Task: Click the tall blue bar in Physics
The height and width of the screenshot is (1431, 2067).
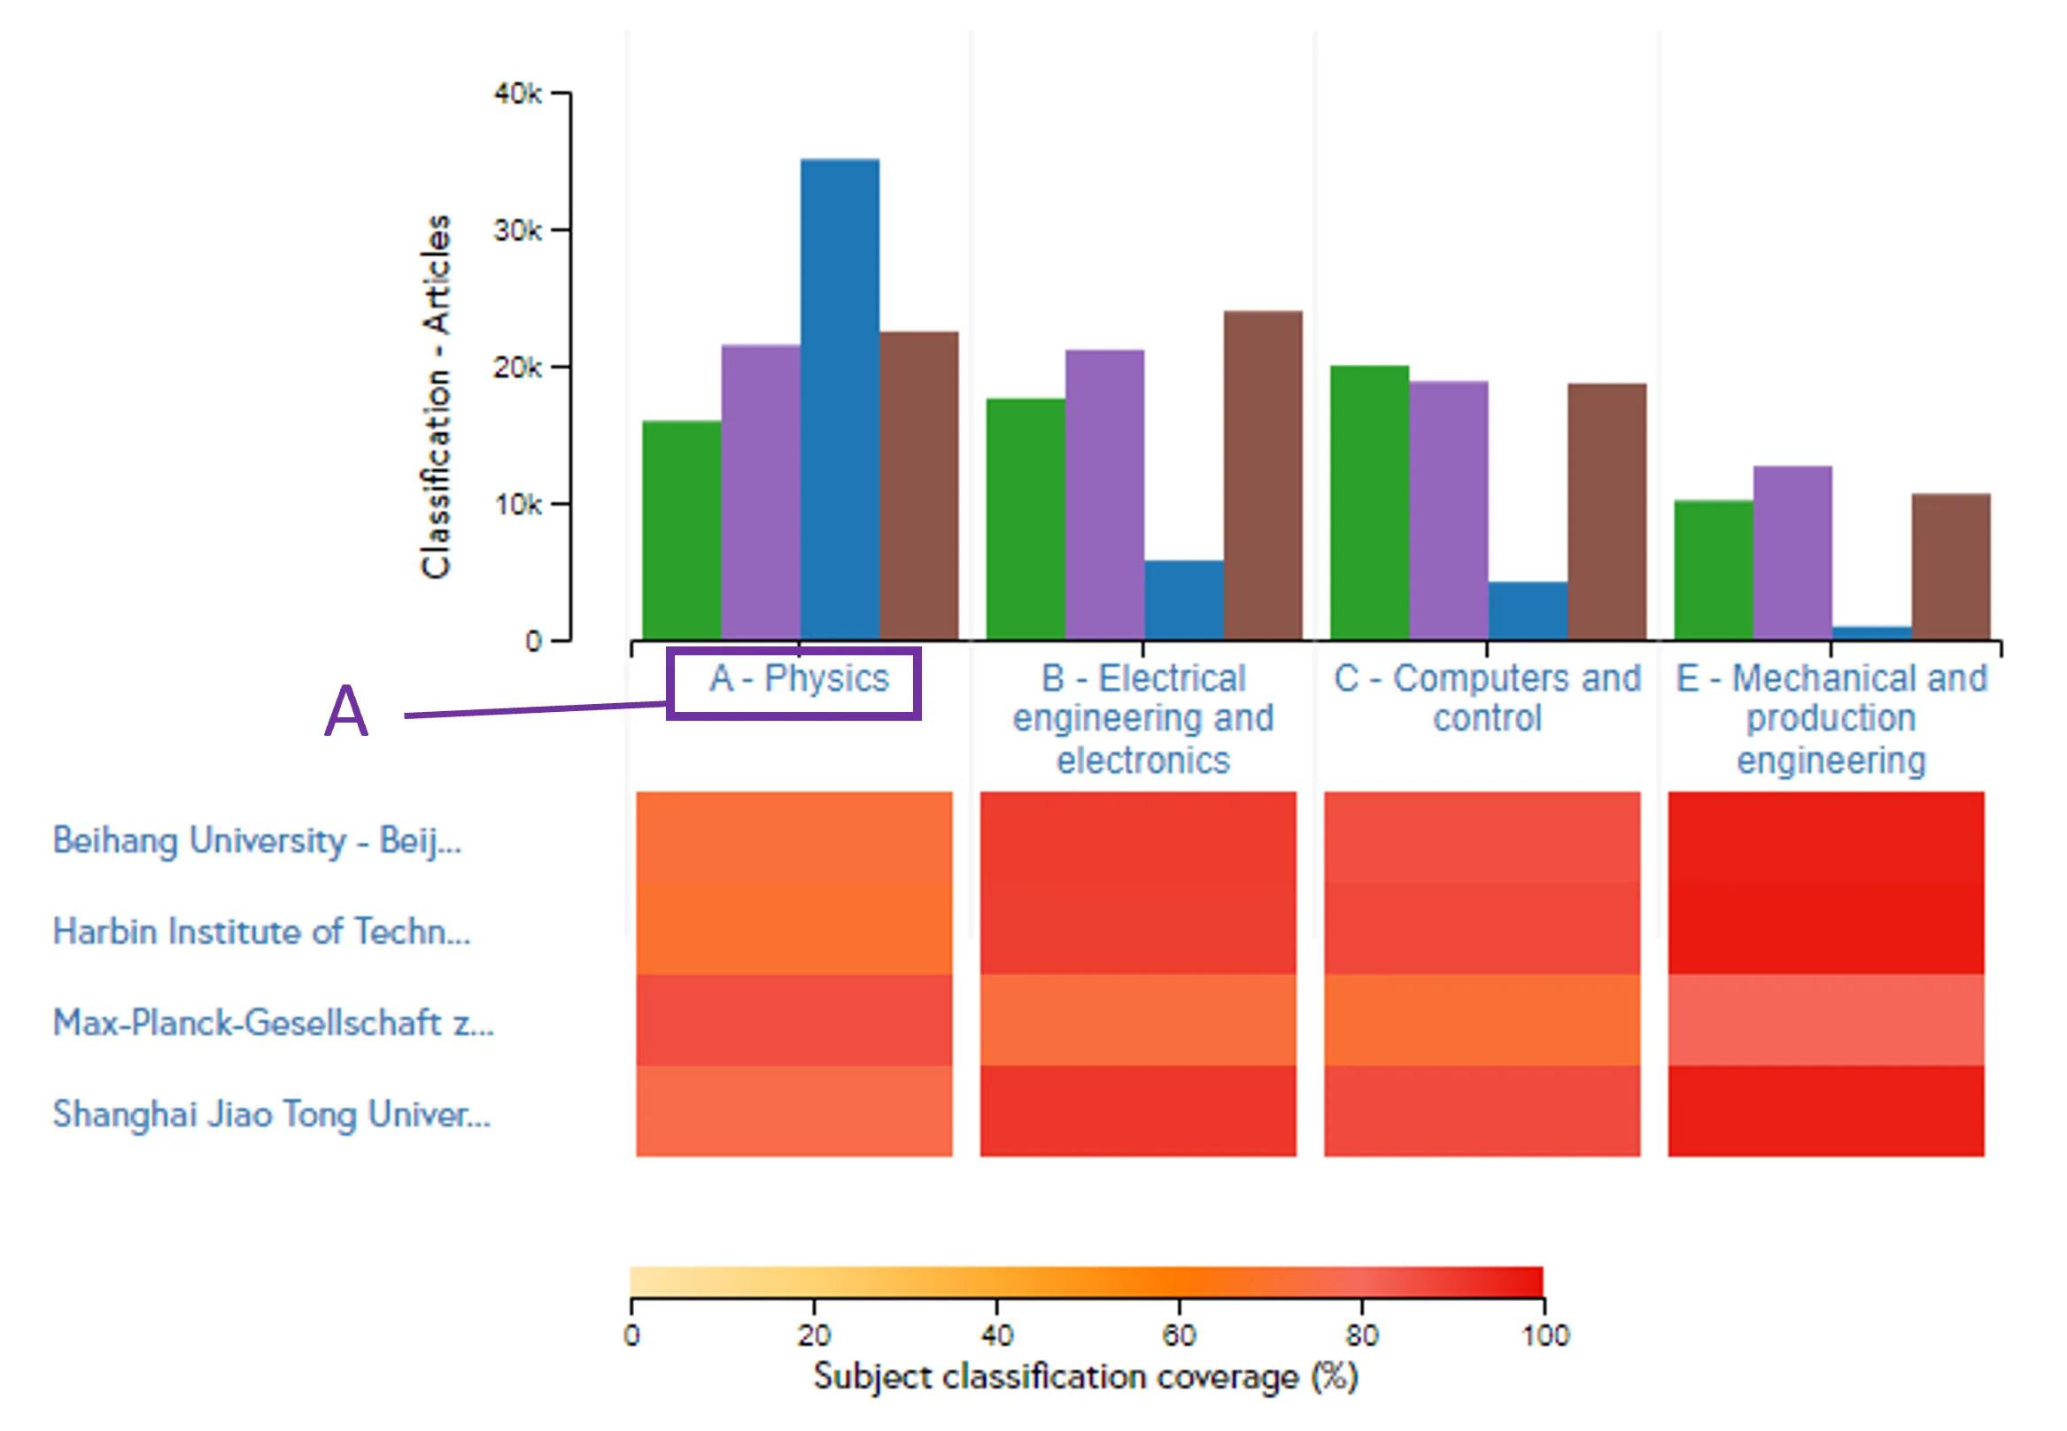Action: click(x=840, y=399)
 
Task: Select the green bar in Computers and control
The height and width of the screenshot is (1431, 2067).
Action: click(x=1368, y=502)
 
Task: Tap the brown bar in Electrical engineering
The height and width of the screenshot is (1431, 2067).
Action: click(x=1262, y=476)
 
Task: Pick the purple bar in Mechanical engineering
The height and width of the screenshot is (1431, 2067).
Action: click(x=1792, y=553)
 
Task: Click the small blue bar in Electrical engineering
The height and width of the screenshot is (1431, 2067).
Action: click(x=1183, y=599)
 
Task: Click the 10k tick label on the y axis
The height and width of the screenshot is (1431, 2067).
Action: click(x=518, y=505)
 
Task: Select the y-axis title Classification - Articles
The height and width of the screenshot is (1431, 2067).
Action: click(x=436, y=397)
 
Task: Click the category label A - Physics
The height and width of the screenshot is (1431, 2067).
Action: click(x=798, y=678)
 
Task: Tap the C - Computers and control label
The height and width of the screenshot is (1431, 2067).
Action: click(x=1487, y=698)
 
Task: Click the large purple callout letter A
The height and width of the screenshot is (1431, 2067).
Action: click(x=346, y=712)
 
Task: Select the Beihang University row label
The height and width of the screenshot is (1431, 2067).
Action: click(x=257, y=841)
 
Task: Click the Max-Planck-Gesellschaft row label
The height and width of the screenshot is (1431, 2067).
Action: click(x=273, y=1023)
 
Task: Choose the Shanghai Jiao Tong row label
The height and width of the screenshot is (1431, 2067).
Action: click(x=271, y=1115)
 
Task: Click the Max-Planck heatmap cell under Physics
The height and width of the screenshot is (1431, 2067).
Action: click(x=794, y=1020)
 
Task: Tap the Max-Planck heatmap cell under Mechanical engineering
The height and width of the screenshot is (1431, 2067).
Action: click(x=1825, y=1020)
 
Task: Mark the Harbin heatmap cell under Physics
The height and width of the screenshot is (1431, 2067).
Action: click(x=794, y=929)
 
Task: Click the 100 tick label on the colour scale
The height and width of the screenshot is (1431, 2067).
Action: click(x=1544, y=1335)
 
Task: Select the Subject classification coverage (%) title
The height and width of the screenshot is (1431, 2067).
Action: click(x=1085, y=1377)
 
